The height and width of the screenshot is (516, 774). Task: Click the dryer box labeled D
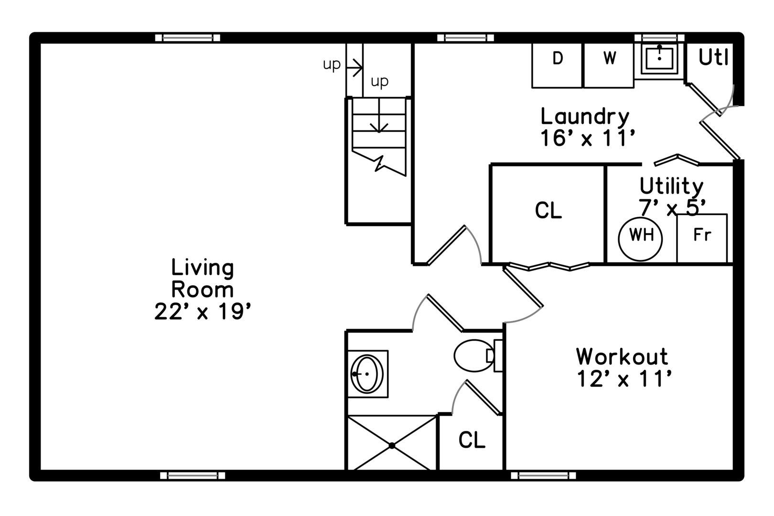(x=557, y=65)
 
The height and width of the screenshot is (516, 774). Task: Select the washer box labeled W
(x=609, y=65)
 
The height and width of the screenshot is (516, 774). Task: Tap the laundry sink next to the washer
(x=660, y=59)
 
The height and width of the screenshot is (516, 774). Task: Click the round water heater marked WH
(x=640, y=239)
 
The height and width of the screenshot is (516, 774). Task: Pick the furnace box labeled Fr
(x=702, y=238)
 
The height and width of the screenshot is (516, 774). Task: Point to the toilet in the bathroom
(x=478, y=355)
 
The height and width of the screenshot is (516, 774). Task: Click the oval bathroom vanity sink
(x=366, y=374)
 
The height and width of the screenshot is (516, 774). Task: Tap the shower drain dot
(x=392, y=446)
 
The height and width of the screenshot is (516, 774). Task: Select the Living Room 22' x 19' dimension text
(x=203, y=312)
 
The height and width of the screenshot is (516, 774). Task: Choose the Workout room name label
(x=622, y=356)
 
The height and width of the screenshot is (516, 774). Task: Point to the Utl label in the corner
(x=713, y=57)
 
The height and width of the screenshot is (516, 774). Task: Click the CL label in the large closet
(x=548, y=210)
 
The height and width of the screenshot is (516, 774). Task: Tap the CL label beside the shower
(x=472, y=440)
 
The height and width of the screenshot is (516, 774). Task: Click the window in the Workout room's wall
(x=543, y=475)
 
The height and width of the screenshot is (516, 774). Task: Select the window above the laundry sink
(x=659, y=38)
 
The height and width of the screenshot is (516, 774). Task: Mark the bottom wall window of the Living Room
(x=193, y=475)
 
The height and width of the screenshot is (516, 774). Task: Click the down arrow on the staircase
(x=379, y=116)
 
